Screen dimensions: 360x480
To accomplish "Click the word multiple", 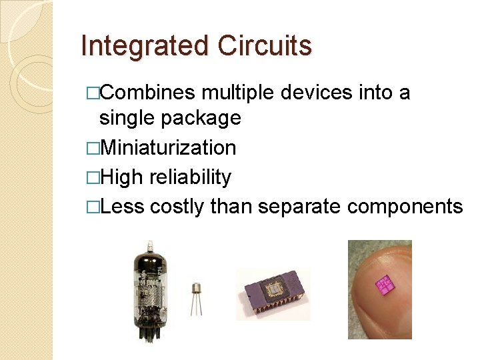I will [x=237, y=93].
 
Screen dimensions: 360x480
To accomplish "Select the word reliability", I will [x=190, y=177].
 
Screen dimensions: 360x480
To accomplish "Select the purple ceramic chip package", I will [x=273, y=294].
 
